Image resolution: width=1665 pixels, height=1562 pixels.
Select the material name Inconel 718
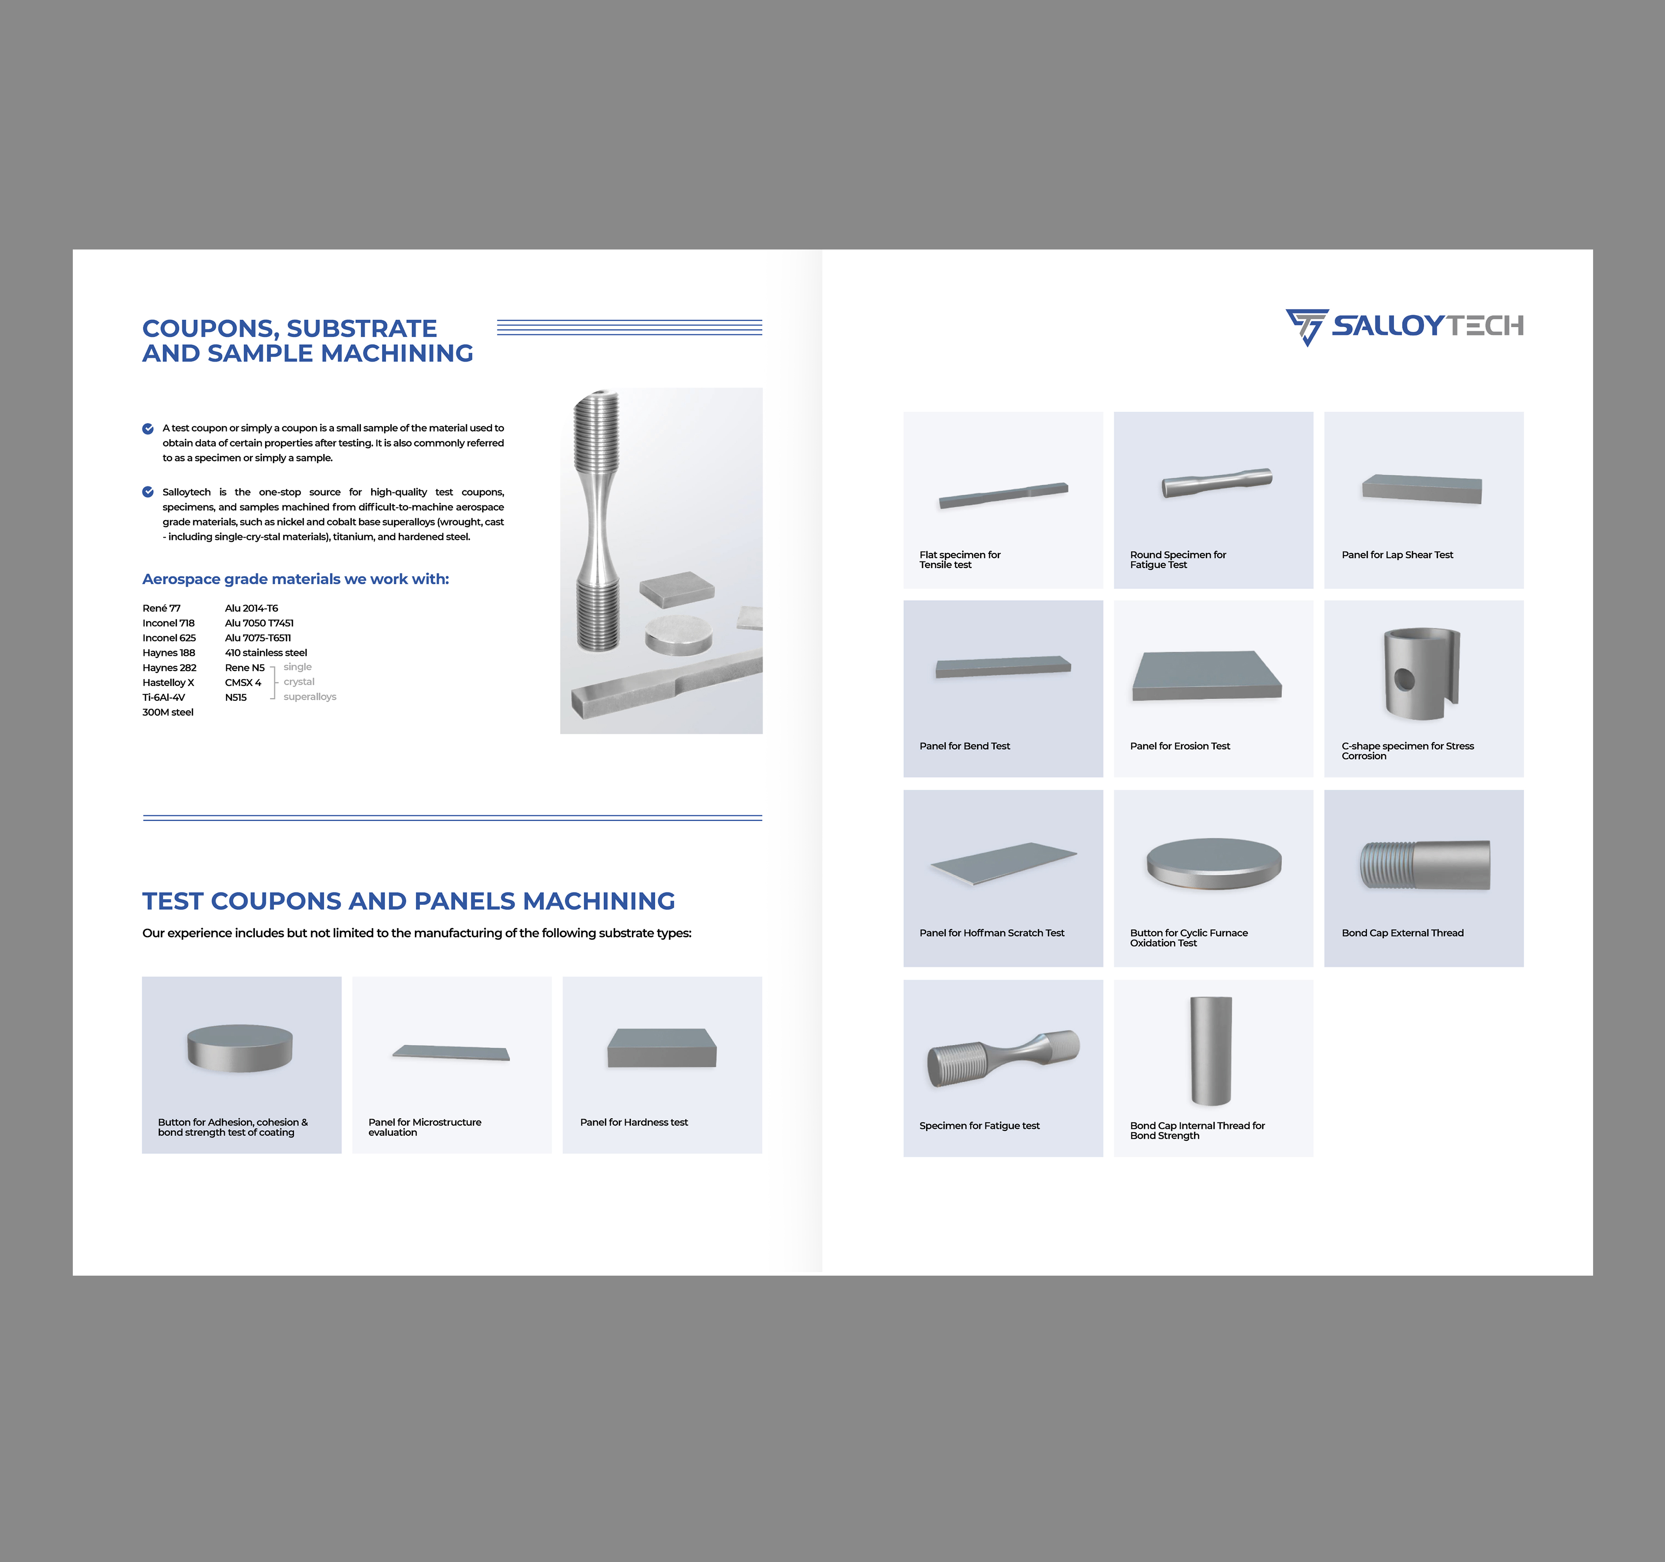pos(169,623)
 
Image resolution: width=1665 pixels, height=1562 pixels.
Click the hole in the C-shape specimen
pos(1404,679)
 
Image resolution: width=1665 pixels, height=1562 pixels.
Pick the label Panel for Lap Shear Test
pos(1397,554)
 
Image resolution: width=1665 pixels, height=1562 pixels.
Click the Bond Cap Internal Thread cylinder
pos(1211,1051)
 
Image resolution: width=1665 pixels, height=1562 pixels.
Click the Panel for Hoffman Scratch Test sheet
pos(1003,863)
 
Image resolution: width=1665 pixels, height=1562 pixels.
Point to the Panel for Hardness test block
pos(662,1048)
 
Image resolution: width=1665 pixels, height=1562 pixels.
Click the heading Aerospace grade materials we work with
pos(296,579)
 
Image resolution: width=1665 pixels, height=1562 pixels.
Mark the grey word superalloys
pos(310,697)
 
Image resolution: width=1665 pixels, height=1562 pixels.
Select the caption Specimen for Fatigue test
pos(979,1126)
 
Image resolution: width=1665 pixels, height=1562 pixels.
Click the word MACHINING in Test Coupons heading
pos(599,901)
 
